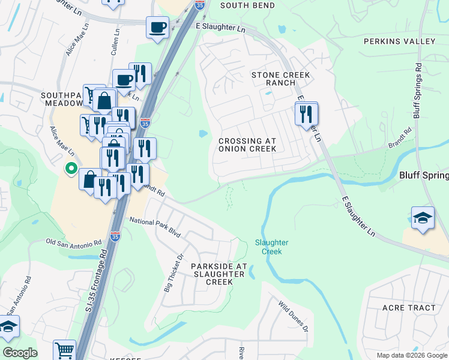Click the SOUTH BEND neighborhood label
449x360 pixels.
[x=247, y=5]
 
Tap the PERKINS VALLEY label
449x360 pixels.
[x=399, y=41]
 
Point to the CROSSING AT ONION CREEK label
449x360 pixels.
[x=247, y=145]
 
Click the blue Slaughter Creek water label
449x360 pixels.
[x=272, y=247]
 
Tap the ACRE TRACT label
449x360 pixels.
[x=409, y=308]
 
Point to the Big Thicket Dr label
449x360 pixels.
[x=173, y=272]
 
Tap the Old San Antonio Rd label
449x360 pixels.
[x=74, y=243]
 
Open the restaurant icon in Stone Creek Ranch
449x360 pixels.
[x=306, y=114]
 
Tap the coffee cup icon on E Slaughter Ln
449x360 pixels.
[x=157, y=28]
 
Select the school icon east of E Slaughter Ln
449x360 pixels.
[x=423, y=219]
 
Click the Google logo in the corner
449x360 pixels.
[x=20, y=353]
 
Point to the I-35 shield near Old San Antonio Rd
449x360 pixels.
[x=115, y=237]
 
